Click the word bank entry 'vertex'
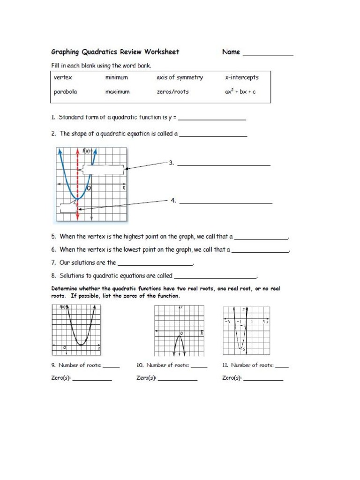coord(63,78)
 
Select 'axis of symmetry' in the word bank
coord(180,78)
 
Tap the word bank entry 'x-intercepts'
coord(241,78)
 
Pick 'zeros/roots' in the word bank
coord(172,92)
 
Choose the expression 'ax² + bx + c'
coord(240,92)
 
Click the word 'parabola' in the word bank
coord(65,92)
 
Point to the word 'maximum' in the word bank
coord(117,92)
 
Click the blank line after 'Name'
coord(268,54)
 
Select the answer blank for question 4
coord(226,202)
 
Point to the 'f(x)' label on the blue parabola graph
coord(86,151)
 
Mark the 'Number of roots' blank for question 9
coord(111,367)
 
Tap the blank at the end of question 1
coord(212,120)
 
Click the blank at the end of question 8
coord(215,278)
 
